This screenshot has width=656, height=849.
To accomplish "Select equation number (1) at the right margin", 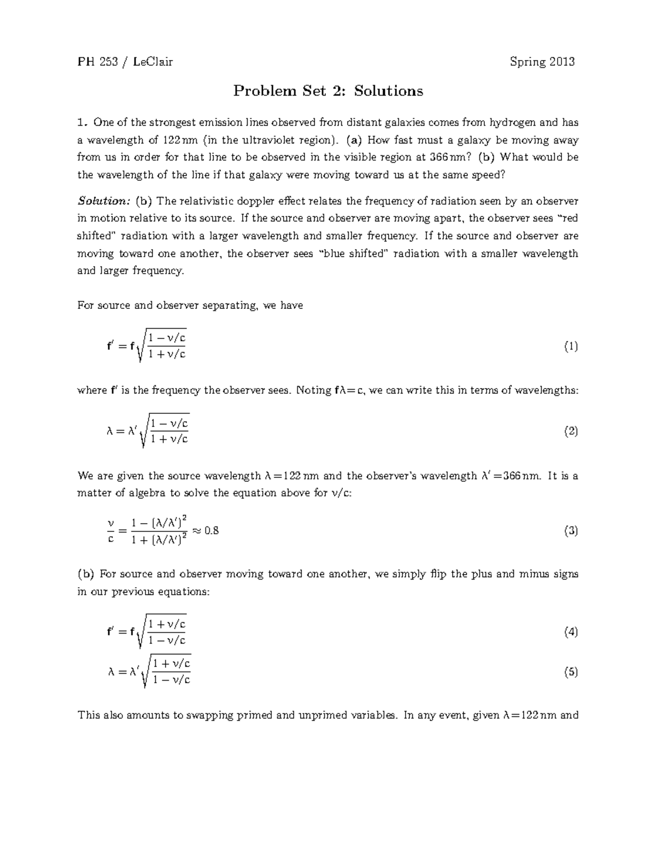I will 571,347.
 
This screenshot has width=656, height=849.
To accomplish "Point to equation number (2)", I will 571,431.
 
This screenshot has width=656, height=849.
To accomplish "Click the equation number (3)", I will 571,531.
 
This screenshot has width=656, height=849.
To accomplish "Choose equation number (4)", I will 571,632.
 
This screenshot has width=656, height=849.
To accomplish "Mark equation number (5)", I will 571,672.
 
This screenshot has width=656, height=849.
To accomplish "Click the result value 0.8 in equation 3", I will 211,530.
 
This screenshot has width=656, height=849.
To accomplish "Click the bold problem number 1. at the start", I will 83,122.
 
